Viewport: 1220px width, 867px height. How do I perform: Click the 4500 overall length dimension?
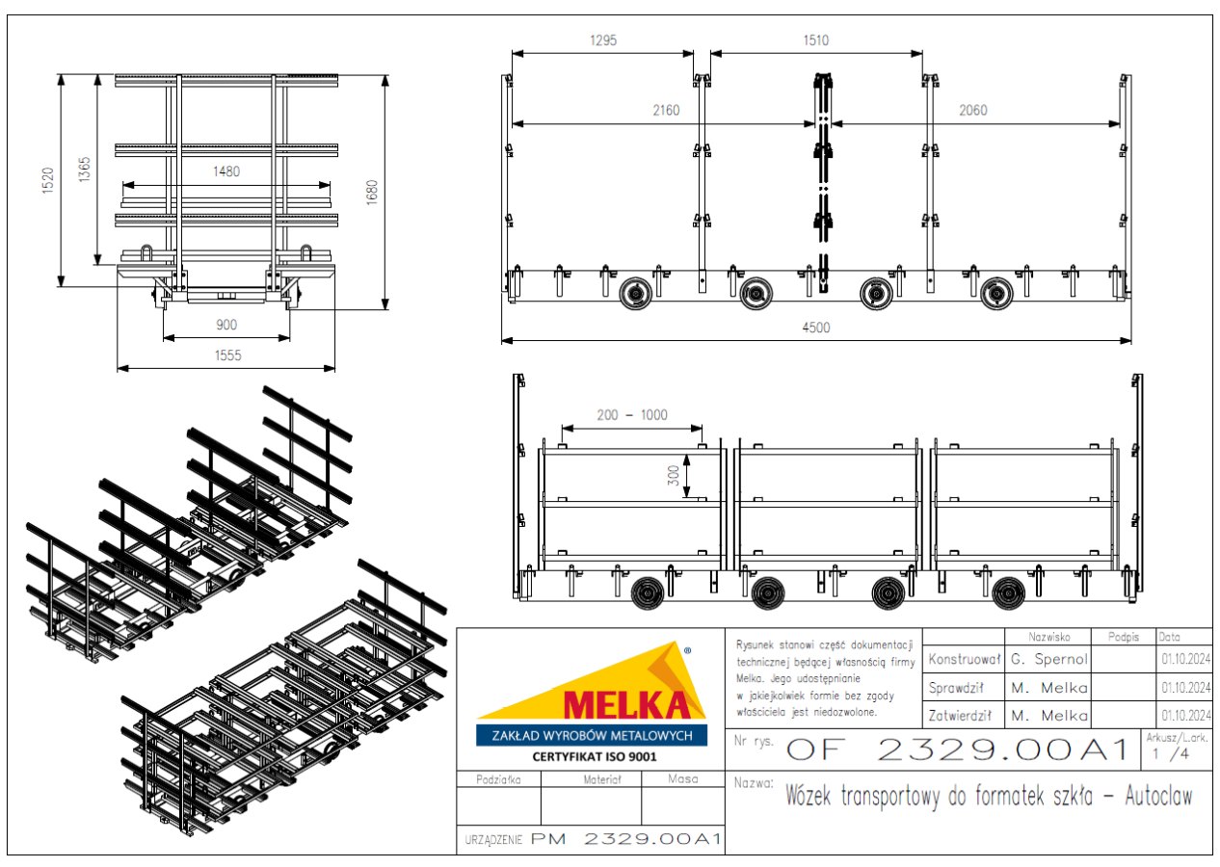(x=816, y=328)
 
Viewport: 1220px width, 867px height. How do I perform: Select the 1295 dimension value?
(x=603, y=40)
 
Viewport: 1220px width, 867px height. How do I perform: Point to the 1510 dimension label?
(x=816, y=40)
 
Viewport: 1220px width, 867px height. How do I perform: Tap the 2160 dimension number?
(x=666, y=111)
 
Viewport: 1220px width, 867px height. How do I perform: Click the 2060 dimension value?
(x=972, y=111)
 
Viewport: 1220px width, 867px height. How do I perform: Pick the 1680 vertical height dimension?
(x=372, y=193)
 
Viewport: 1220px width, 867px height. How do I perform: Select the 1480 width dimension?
(x=226, y=171)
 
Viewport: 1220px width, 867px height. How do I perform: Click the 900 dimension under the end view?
(x=226, y=326)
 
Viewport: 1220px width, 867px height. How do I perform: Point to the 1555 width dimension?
(x=227, y=355)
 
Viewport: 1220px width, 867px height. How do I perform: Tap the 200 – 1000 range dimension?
(x=632, y=415)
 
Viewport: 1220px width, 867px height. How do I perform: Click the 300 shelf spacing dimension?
(x=674, y=476)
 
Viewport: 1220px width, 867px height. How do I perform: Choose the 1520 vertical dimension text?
(x=48, y=180)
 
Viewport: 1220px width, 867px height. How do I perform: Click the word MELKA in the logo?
(x=626, y=705)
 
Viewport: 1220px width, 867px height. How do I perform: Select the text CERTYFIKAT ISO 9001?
(x=595, y=756)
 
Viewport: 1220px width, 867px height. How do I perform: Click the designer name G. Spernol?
(x=1049, y=659)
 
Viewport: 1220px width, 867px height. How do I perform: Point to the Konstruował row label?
(x=964, y=659)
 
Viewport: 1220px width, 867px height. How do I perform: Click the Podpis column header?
(x=1123, y=637)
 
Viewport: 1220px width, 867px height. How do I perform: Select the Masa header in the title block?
(x=683, y=778)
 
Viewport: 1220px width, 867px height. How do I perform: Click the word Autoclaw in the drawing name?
(x=1158, y=796)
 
